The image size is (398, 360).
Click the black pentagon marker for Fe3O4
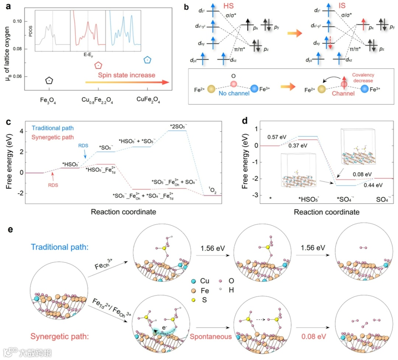point(49,80)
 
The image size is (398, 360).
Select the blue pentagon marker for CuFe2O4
point(147,60)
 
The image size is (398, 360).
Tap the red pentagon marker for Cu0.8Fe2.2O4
point(98,66)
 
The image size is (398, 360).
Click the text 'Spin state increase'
point(126,75)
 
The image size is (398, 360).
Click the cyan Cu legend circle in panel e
point(194,281)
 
